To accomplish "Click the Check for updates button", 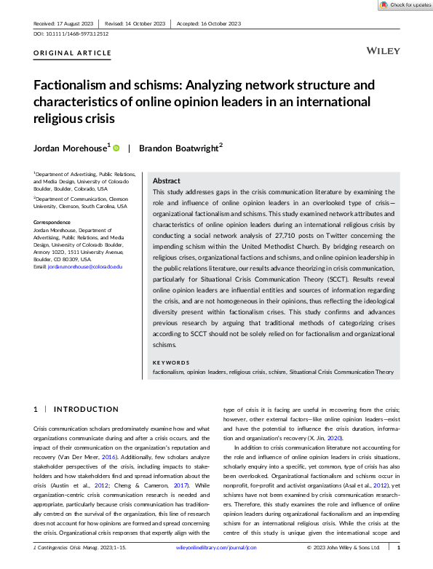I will coord(405,5).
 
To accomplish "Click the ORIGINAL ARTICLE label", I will coord(73,53).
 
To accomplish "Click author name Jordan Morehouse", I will coord(71,147).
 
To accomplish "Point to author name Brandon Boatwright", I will coord(179,147).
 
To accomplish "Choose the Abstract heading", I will coord(166,181).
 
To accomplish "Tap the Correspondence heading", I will coord(52,222).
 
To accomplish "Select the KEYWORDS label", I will coord(171,362).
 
